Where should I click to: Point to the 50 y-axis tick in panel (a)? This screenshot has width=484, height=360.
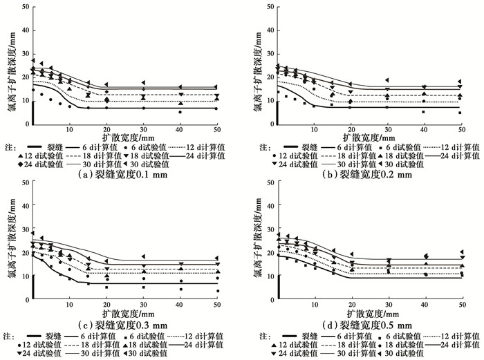(25, 8)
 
